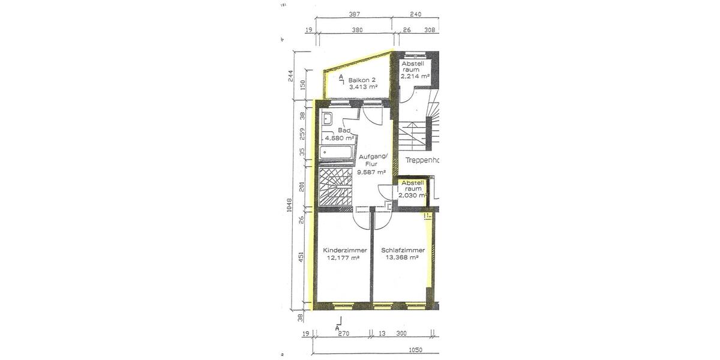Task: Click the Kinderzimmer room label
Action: click(x=344, y=250)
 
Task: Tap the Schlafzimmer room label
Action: click(x=403, y=250)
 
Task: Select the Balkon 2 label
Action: click(x=361, y=79)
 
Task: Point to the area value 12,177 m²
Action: click(x=343, y=258)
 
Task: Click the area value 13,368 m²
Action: click(x=401, y=258)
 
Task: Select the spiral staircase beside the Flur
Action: click(x=334, y=188)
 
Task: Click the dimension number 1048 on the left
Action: click(x=289, y=205)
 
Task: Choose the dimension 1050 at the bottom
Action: click(x=416, y=350)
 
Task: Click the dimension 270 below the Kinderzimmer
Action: click(x=343, y=334)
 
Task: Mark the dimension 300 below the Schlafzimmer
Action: click(x=401, y=334)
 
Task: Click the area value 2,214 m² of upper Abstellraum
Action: click(x=416, y=76)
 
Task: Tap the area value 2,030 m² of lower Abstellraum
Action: click(x=412, y=196)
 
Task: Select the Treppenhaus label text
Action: click(x=422, y=160)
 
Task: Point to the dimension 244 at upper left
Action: click(x=290, y=76)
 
